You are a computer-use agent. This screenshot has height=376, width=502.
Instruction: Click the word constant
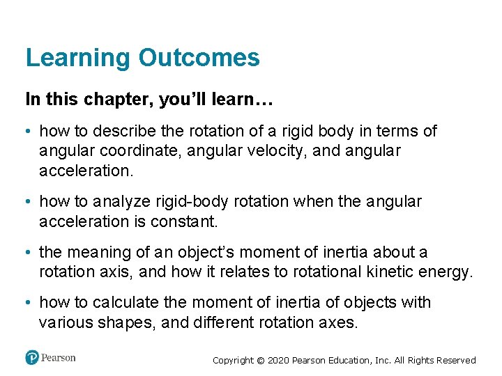186,221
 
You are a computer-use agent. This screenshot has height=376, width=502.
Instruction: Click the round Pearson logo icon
32,358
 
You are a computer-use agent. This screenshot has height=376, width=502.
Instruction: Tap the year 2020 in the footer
281,361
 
